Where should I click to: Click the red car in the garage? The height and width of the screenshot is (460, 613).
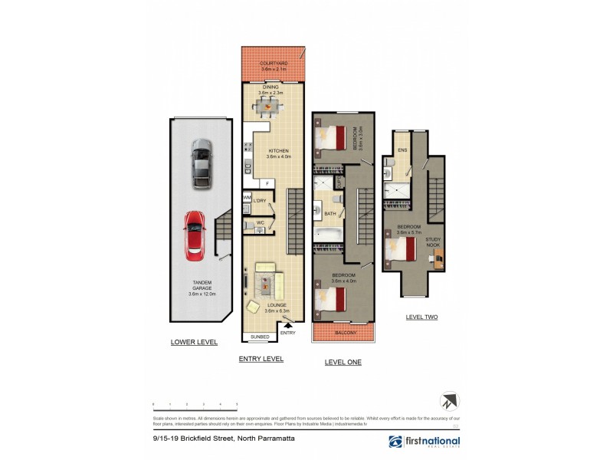point(195,235)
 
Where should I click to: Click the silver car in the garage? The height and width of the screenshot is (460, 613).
point(201,163)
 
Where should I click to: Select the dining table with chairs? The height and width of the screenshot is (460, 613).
point(268,108)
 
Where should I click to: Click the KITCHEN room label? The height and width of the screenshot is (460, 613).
point(277,151)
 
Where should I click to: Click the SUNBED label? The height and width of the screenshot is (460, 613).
point(259,336)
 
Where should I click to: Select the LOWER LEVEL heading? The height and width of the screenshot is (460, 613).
point(194,342)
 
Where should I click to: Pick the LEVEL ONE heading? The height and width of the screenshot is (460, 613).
point(343,362)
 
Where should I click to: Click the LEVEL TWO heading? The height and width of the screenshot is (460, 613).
point(421,317)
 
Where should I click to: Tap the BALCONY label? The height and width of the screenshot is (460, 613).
point(345,333)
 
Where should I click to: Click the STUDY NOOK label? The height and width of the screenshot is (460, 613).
point(433,242)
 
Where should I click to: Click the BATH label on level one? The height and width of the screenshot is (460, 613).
point(330,214)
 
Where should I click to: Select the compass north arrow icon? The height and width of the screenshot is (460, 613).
point(450,401)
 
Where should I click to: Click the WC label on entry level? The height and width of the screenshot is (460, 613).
point(260,223)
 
